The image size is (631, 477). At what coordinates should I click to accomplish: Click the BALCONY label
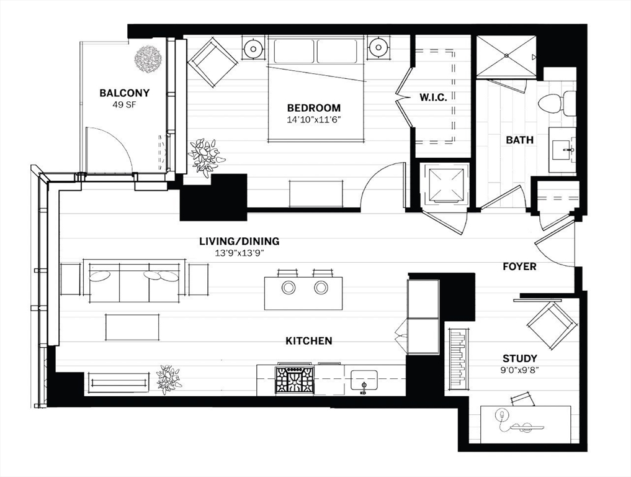click(125, 93)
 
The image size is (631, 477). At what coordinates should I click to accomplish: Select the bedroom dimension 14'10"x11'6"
click(314, 119)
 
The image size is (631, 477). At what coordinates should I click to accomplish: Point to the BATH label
click(519, 140)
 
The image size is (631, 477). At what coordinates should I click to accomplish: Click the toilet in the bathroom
click(556, 103)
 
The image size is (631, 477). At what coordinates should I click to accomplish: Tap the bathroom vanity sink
click(562, 150)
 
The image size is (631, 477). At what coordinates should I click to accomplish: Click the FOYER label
click(519, 266)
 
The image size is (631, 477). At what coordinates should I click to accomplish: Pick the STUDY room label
click(520, 358)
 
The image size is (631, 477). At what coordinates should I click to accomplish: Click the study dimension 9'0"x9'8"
click(520, 370)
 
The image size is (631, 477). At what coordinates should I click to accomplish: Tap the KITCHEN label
click(308, 340)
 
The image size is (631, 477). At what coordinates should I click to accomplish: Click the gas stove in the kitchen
click(295, 379)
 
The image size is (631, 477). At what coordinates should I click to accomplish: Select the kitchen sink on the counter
click(364, 380)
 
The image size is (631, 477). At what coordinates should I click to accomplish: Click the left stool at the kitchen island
click(289, 287)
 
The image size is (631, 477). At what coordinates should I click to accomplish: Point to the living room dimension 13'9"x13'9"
click(239, 253)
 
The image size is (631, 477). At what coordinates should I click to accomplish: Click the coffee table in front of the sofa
click(132, 327)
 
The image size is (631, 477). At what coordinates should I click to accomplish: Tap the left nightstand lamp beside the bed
click(253, 47)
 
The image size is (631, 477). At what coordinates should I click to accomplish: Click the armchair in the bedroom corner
click(212, 62)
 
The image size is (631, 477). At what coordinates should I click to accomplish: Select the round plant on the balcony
click(148, 59)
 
